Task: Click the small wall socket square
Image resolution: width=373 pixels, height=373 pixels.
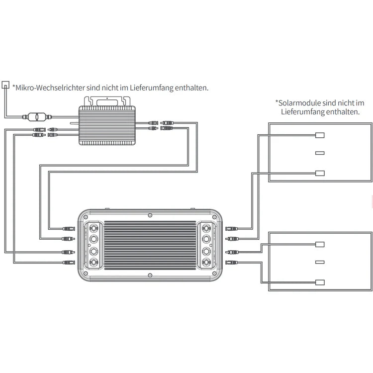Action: [5, 84]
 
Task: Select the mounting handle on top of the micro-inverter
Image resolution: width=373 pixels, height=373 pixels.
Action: [106, 101]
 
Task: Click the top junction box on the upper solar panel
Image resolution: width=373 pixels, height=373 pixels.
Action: [320, 135]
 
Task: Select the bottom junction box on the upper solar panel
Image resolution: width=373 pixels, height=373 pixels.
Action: [320, 173]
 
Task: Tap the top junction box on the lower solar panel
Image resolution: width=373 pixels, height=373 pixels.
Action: [320, 244]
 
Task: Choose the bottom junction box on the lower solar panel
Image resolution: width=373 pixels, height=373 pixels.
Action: [320, 282]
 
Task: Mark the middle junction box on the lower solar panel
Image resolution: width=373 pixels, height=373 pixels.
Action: [320, 263]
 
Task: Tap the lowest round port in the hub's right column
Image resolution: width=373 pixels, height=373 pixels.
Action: [206, 262]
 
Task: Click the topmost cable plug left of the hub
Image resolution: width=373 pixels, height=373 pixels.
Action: [68, 229]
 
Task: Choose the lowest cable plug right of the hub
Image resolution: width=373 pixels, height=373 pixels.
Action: [230, 262]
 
